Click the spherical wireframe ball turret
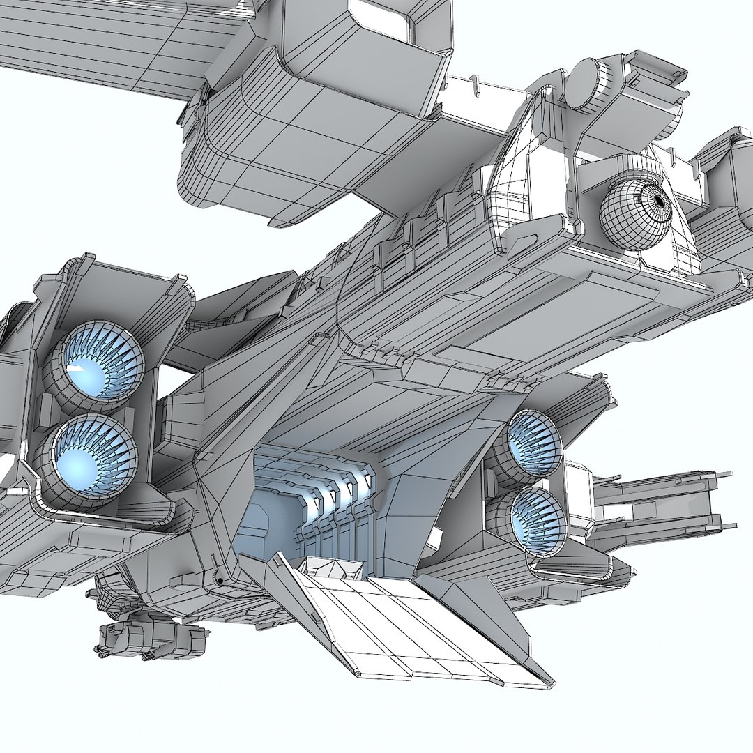pos(635,209)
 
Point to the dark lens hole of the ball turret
pos(659,201)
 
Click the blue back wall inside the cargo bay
pos(265,516)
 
